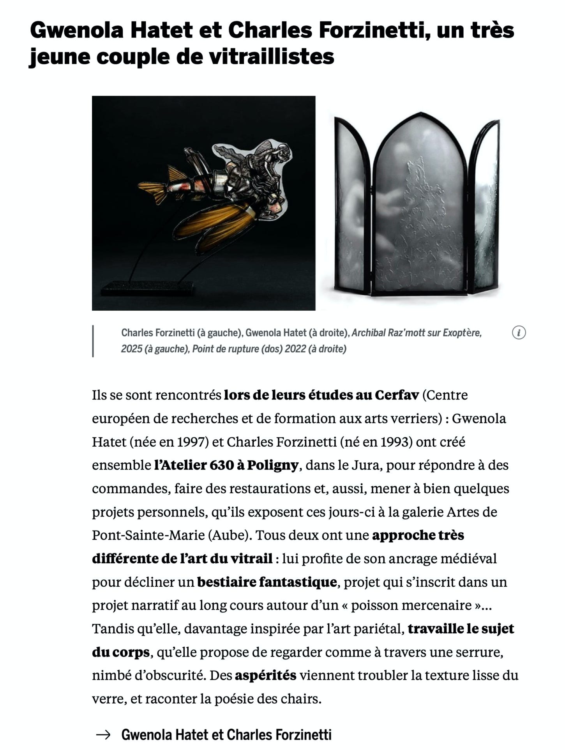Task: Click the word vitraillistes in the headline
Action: click(271, 56)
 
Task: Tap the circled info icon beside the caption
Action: click(519, 333)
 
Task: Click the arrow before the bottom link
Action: click(103, 735)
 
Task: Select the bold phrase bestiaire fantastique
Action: click(267, 582)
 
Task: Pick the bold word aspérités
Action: click(265, 676)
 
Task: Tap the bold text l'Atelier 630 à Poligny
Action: click(226, 465)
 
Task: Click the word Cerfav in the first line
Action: click(397, 395)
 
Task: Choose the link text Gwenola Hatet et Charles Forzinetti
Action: click(226, 735)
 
